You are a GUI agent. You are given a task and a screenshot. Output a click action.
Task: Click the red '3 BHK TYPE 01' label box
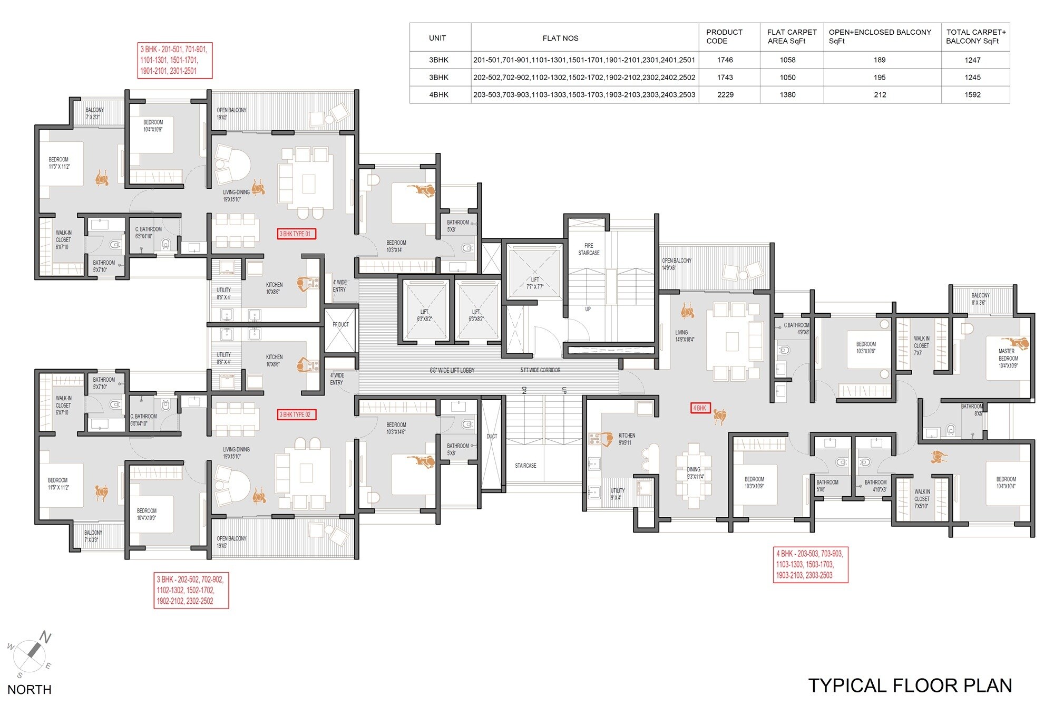(296, 234)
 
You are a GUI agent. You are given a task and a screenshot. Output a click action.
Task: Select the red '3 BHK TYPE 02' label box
(296, 414)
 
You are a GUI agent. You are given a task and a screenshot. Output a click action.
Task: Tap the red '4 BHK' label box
(700, 408)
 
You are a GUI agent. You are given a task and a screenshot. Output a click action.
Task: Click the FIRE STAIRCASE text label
(589, 249)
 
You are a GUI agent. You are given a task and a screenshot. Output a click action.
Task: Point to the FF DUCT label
(340, 325)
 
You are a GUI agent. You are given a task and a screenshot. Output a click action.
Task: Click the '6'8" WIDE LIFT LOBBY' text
(452, 370)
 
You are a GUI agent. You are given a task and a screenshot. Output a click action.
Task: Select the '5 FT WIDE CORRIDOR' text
(540, 370)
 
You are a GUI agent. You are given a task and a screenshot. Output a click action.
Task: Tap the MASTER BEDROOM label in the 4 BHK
(1008, 358)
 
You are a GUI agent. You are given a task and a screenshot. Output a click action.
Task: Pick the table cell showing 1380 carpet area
(787, 95)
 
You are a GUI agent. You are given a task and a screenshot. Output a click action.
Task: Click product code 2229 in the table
(725, 95)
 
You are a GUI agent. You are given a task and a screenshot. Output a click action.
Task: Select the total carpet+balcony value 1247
(972, 60)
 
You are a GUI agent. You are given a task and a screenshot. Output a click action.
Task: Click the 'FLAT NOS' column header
(560, 38)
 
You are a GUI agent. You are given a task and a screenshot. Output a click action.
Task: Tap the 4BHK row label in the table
(438, 95)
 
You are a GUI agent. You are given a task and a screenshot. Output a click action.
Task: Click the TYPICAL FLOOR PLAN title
(910, 685)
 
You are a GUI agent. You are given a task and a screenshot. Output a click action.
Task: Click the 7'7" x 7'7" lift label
(535, 284)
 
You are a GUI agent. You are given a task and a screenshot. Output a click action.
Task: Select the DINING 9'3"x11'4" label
(695, 473)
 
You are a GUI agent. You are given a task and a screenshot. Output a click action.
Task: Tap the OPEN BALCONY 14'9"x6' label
(677, 264)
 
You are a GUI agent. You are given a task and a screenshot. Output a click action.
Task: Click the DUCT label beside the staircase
(492, 436)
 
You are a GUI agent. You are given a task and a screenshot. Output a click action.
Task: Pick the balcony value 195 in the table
(880, 78)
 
